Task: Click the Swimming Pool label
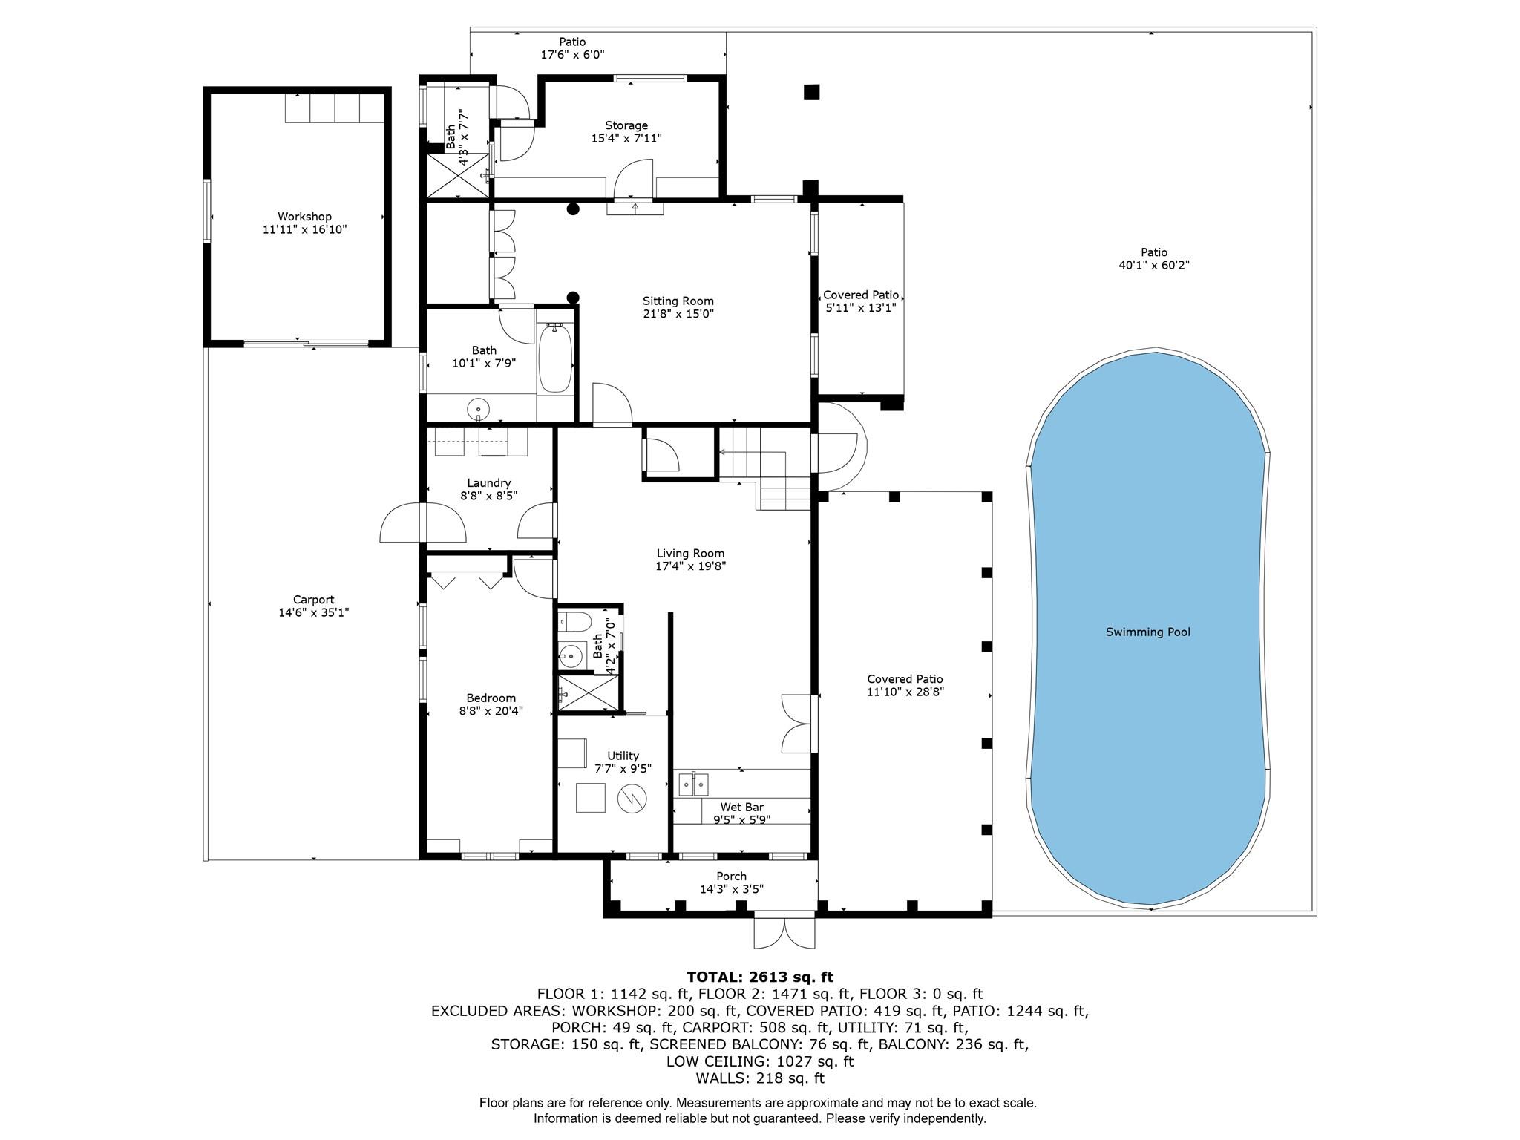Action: point(1147,632)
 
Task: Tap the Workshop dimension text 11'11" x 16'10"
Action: point(304,230)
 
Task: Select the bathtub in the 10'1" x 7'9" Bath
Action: point(554,359)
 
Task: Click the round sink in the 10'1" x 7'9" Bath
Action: point(479,408)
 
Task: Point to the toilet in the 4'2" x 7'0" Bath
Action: point(574,620)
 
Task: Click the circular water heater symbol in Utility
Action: point(632,799)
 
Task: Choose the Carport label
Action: point(313,600)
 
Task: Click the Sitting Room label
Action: point(678,301)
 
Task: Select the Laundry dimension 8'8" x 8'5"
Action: point(488,496)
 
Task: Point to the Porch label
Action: point(731,877)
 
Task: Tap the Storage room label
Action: point(626,125)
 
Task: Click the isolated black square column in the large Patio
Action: point(811,92)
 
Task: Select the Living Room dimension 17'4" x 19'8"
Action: point(690,566)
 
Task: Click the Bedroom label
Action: point(491,698)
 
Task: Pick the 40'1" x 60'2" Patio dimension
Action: point(1154,265)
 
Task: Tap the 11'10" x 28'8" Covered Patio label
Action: point(905,679)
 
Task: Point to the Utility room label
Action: point(623,756)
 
